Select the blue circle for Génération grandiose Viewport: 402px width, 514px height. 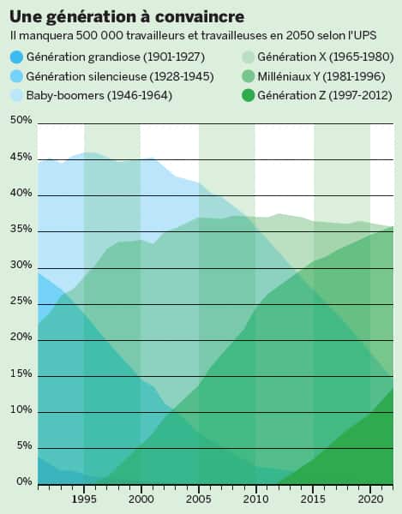[x=16, y=57]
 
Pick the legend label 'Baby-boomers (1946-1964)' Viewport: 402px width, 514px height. [x=99, y=95]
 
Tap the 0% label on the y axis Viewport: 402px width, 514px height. [x=22, y=482]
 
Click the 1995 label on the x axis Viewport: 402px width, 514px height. [x=84, y=498]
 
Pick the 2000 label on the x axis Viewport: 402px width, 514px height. [x=141, y=498]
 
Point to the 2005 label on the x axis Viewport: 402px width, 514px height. [x=199, y=498]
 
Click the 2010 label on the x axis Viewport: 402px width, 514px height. [x=255, y=498]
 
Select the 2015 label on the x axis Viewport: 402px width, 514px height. [x=313, y=498]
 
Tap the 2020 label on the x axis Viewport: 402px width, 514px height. [x=370, y=498]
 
